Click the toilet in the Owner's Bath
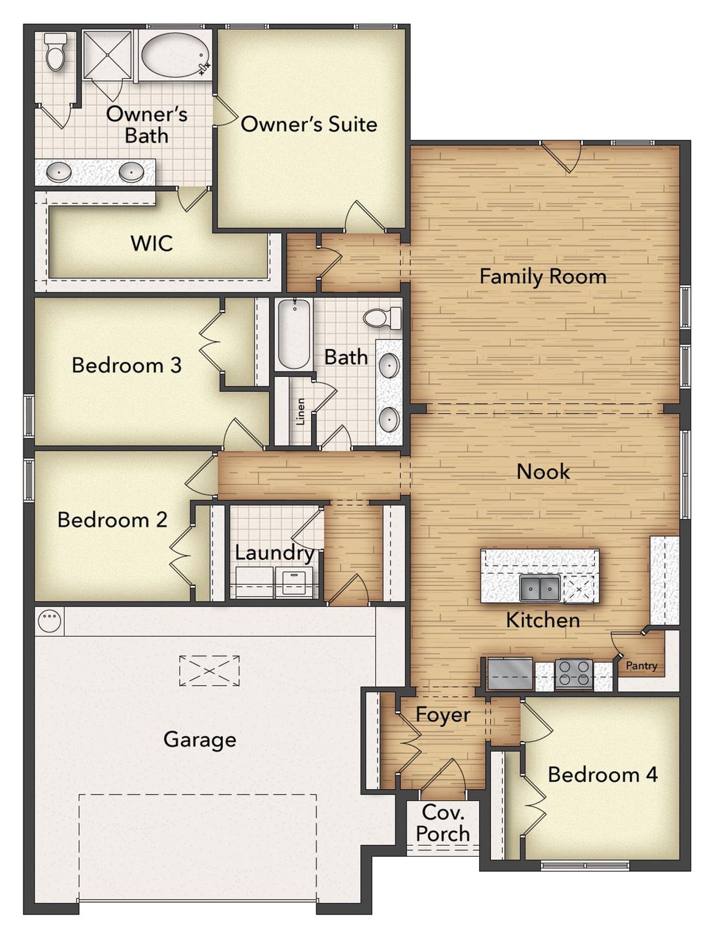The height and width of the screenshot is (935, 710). point(55,52)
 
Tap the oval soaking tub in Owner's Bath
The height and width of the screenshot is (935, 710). point(175,54)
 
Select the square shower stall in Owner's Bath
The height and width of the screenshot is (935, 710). point(107,54)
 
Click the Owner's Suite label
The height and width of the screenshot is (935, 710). point(308,124)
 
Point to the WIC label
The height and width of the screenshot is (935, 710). point(151,244)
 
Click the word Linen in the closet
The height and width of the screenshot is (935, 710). point(301,411)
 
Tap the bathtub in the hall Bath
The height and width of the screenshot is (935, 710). point(293,334)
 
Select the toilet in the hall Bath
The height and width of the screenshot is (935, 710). point(382,317)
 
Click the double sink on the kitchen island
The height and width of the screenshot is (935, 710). point(539,588)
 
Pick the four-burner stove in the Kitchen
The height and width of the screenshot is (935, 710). point(574,673)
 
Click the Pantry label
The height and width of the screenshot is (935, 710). point(641,665)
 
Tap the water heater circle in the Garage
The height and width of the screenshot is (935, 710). point(49,621)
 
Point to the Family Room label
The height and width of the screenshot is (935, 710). point(542,276)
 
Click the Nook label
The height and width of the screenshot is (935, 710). point(543,472)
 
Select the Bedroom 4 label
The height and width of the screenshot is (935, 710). point(602,774)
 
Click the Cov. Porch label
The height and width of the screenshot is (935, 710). point(443,823)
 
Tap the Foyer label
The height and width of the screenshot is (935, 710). point(443,715)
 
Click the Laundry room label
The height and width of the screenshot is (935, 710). point(274,553)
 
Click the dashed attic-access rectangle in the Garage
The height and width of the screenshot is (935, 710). point(209,671)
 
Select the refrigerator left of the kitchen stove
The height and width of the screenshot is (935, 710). point(510,674)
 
